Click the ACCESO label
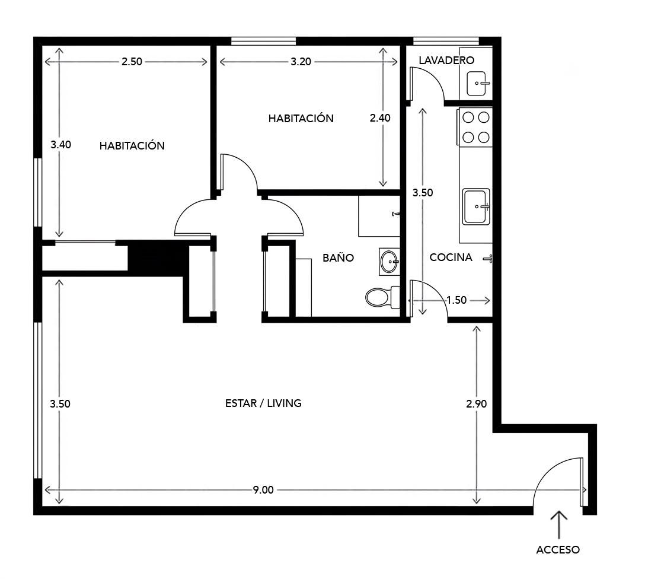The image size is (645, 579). click(558, 549)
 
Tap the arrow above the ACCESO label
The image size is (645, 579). click(558, 524)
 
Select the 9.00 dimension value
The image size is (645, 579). click(263, 489)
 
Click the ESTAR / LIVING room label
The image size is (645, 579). click(263, 403)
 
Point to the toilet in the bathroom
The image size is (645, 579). click(382, 297)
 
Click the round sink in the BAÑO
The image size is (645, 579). click(389, 262)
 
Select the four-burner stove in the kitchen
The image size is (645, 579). click(475, 127)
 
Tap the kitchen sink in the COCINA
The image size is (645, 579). click(477, 206)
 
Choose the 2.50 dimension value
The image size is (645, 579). click(132, 61)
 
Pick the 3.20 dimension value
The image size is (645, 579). click(301, 61)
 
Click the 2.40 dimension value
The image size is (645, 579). click(379, 117)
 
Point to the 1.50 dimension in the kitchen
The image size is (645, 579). click(456, 300)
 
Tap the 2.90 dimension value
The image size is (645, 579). click(477, 403)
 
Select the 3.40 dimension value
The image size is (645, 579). click(61, 144)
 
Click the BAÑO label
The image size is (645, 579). click(338, 257)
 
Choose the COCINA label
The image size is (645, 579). click(451, 257)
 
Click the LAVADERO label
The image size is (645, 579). click(447, 60)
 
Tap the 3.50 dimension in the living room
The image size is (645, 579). click(60, 403)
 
